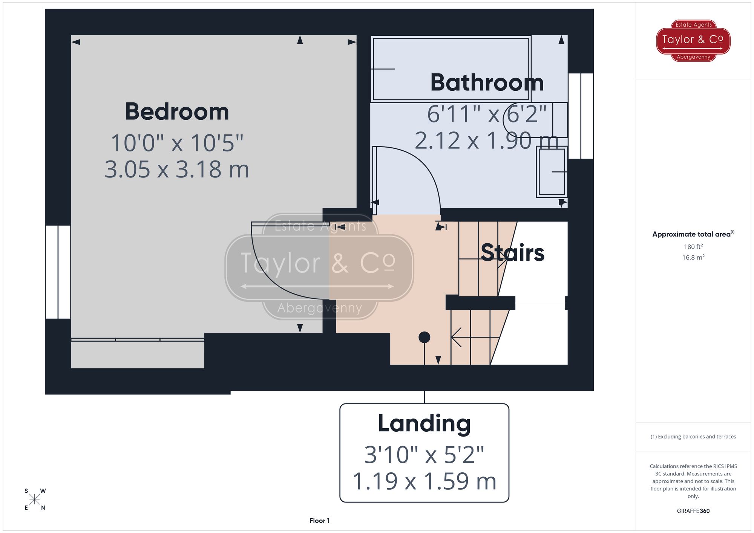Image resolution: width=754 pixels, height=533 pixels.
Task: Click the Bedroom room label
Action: (x=177, y=112)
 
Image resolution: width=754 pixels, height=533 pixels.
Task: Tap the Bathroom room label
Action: (x=487, y=83)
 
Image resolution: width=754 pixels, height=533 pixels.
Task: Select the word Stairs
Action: (x=512, y=253)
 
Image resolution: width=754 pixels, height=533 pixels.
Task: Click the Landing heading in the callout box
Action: (x=424, y=424)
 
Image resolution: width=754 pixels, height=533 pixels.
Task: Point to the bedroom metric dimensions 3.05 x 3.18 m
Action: (x=177, y=170)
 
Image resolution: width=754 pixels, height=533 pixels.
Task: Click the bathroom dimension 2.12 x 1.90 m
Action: (x=486, y=141)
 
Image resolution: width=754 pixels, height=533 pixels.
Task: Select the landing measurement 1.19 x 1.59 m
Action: (x=424, y=481)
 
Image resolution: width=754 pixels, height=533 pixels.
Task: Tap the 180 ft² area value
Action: (x=693, y=247)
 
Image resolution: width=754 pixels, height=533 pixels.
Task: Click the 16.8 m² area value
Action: (x=693, y=258)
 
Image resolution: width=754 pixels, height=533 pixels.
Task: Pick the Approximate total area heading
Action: (x=693, y=234)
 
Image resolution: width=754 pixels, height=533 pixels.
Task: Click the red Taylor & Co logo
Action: (x=693, y=40)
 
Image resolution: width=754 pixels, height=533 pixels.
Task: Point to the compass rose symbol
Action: (x=35, y=499)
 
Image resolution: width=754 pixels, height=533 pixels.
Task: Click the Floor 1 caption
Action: (x=319, y=521)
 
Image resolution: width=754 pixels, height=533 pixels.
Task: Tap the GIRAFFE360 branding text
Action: (x=693, y=511)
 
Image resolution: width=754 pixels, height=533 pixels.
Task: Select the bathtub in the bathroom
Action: (x=451, y=69)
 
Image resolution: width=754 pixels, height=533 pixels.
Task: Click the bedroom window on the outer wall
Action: (x=58, y=272)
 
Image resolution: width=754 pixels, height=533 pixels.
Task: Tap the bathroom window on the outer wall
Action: (x=581, y=116)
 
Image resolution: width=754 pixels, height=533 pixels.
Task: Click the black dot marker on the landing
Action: (x=424, y=337)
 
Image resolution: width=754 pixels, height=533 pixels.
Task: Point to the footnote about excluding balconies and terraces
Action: (x=693, y=437)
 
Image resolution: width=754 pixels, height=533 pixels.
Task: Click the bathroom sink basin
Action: (x=552, y=172)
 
